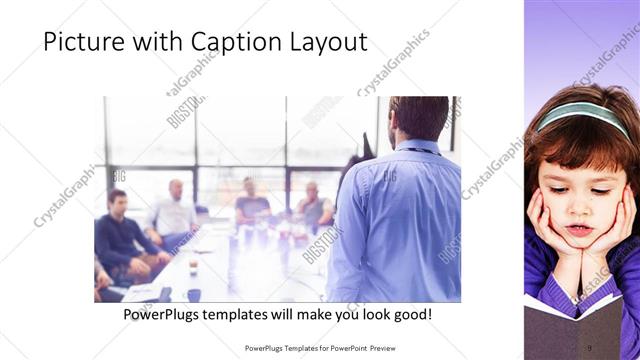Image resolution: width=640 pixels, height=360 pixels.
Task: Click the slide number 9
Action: (589, 347)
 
